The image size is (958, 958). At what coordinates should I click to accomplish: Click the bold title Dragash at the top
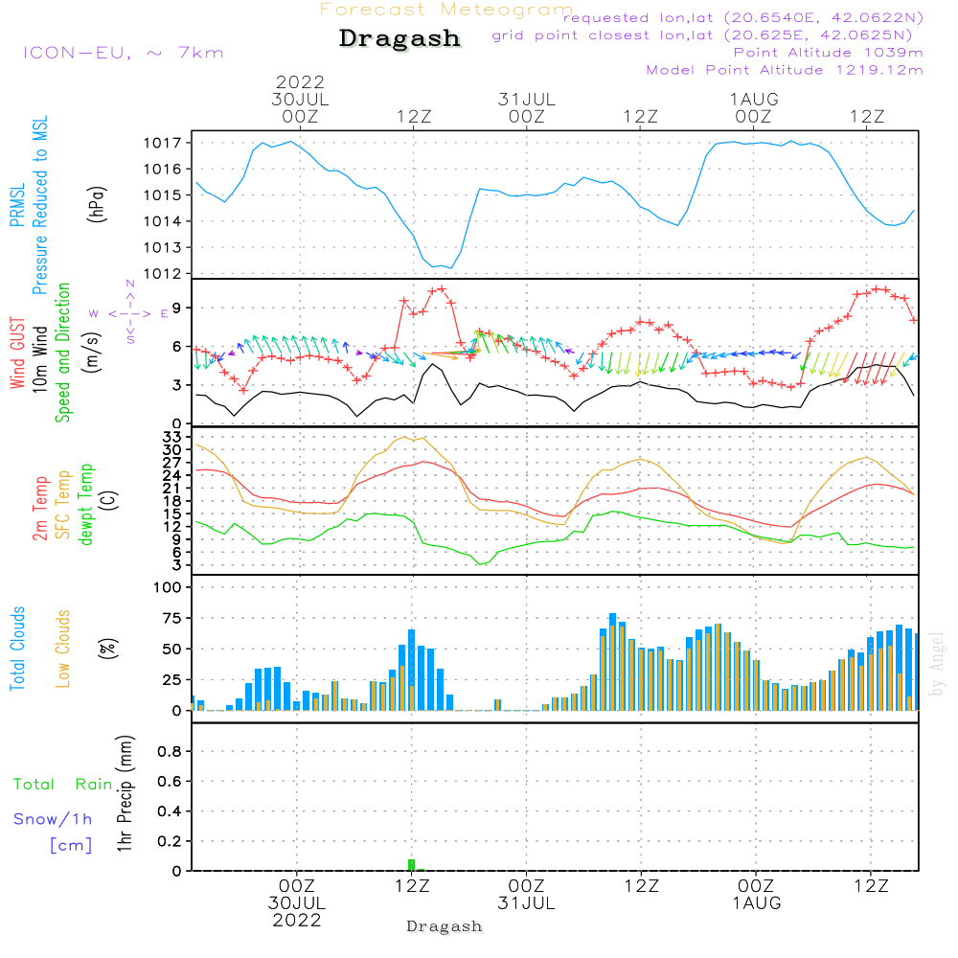(x=399, y=39)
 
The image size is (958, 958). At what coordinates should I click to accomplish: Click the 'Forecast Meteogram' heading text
(x=446, y=10)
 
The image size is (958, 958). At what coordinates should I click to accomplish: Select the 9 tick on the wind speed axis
(x=176, y=308)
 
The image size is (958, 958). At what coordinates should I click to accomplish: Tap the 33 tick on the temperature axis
(x=172, y=437)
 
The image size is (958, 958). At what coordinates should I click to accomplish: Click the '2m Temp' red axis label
(x=39, y=508)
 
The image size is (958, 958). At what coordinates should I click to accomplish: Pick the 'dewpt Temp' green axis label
(x=86, y=505)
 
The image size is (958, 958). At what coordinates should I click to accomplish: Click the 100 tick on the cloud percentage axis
(x=169, y=587)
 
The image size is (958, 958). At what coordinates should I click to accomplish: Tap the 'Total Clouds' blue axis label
(x=17, y=649)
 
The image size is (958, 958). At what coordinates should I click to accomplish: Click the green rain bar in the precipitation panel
(x=412, y=865)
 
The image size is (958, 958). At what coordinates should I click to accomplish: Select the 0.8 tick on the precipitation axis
(x=169, y=752)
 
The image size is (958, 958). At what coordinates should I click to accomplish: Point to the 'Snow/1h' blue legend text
(x=54, y=819)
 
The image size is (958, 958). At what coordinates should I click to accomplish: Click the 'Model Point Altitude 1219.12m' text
(x=785, y=70)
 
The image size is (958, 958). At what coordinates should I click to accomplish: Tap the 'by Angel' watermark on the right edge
(x=938, y=663)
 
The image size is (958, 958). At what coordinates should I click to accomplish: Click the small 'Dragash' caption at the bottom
(x=445, y=926)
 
